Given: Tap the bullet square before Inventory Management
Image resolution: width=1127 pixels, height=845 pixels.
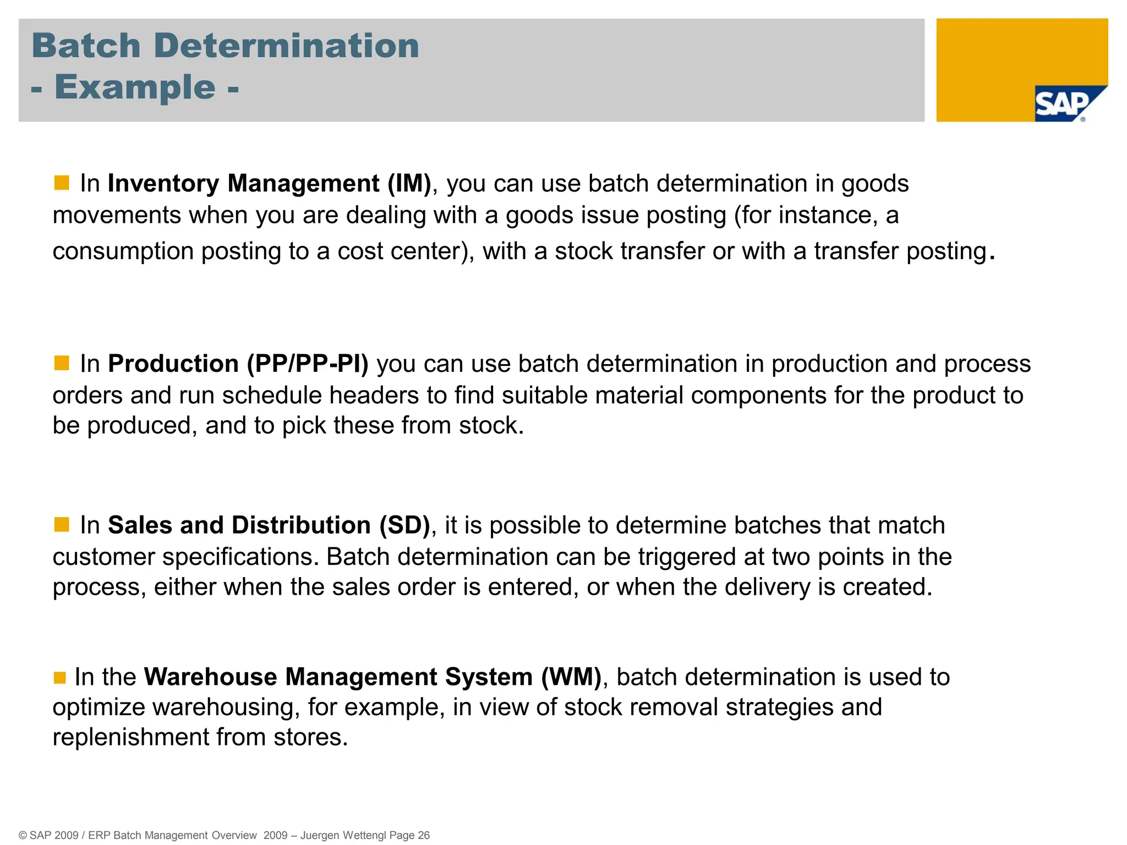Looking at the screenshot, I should [x=62, y=183].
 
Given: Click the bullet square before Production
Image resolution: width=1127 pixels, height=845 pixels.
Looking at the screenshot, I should [x=62, y=363].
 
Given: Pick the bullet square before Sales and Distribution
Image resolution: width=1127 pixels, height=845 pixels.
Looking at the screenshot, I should [x=62, y=524].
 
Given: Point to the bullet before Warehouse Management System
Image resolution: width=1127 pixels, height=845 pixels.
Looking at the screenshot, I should [x=60, y=677].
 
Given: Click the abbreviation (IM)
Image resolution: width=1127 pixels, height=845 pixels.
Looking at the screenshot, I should [x=409, y=183].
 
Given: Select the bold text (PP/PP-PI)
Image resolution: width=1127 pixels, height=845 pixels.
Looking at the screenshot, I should [x=308, y=364].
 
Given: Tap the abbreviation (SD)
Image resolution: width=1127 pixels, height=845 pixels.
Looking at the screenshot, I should [x=404, y=525].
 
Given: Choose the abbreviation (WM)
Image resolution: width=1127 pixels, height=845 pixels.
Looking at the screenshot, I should [x=571, y=677].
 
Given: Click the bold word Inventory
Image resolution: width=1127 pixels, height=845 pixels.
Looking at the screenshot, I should [x=163, y=183].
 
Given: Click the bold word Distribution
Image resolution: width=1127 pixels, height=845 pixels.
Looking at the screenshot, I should [x=301, y=525].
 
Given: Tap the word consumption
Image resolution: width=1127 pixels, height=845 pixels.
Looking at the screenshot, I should [x=123, y=251].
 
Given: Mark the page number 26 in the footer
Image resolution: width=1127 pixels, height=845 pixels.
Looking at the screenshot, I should [x=424, y=835].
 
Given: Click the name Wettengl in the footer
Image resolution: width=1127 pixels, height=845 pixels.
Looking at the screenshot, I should [x=364, y=835].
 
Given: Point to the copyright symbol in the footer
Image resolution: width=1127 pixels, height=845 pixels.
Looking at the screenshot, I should [x=23, y=835].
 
